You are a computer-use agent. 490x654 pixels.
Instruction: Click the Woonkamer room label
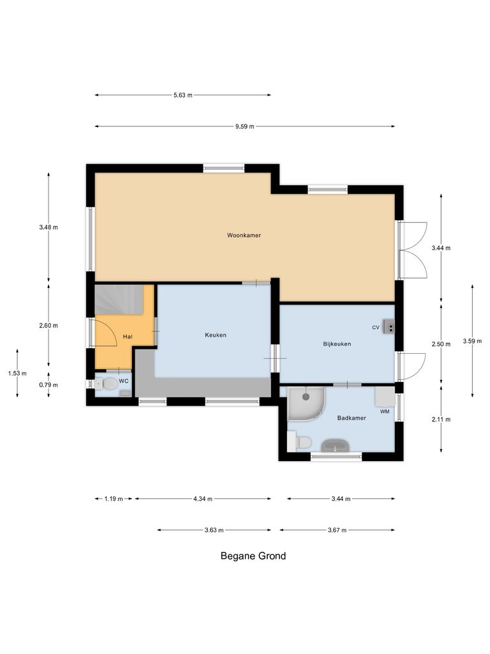point(244,236)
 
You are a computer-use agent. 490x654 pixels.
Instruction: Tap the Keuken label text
point(216,335)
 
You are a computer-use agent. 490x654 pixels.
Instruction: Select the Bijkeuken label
point(337,344)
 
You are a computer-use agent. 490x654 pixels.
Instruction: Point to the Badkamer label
point(352,418)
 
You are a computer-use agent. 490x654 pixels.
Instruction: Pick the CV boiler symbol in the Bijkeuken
point(389,327)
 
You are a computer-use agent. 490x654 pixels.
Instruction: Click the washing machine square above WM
point(384,397)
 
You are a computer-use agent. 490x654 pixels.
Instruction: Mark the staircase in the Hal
point(118,300)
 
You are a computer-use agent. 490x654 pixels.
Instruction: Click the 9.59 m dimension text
point(244,126)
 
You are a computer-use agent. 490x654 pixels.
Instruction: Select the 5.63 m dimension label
point(182,95)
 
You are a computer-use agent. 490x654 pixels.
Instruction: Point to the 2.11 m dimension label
point(441,420)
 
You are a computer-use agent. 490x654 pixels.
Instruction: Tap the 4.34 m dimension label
point(202,499)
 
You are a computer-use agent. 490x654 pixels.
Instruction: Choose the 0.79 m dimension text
point(48,385)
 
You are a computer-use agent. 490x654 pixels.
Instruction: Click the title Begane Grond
point(253,556)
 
